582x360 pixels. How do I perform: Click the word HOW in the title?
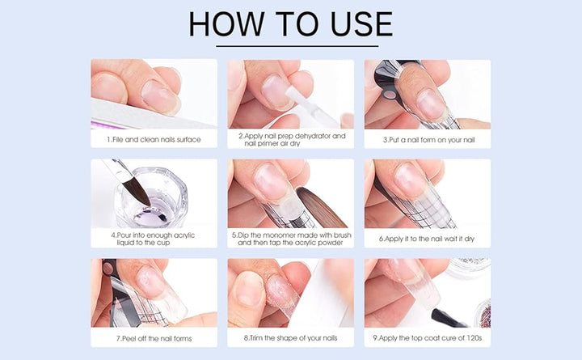click(226, 24)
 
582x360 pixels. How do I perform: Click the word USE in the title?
click(361, 24)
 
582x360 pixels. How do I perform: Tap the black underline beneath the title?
click(297, 46)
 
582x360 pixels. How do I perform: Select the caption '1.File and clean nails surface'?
click(154, 140)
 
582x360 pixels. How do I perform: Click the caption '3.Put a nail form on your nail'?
click(428, 140)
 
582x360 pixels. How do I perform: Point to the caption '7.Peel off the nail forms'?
click(154, 338)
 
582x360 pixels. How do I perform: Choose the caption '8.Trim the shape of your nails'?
click(291, 338)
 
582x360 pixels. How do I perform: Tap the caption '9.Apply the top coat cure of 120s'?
click(428, 338)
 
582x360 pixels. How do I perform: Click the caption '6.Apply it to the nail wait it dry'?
click(427, 239)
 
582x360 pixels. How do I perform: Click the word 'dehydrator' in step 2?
click(312, 136)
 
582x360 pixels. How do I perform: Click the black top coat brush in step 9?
click(447, 319)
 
